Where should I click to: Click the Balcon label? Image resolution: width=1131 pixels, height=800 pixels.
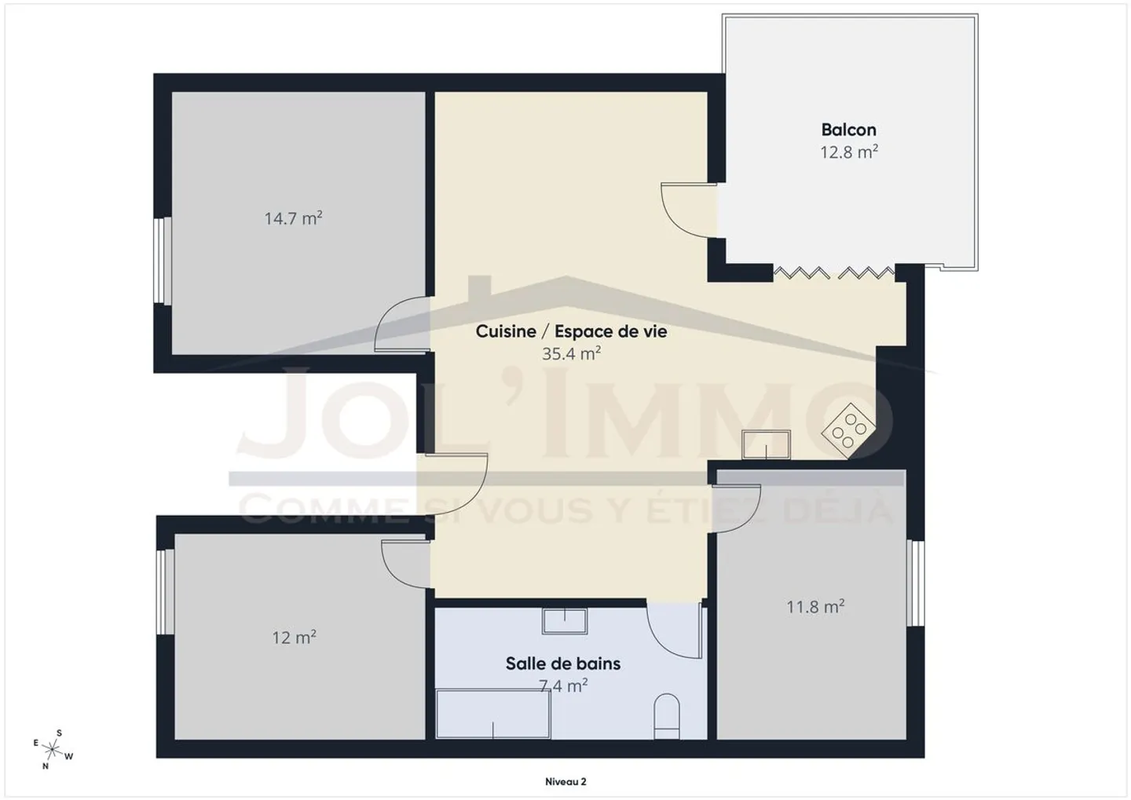point(849,130)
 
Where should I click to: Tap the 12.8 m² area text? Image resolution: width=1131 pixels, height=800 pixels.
point(849,152)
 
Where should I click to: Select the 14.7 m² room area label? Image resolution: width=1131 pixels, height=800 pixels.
point(294,218)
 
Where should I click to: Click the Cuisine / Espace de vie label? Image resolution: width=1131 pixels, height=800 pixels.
point(571,331)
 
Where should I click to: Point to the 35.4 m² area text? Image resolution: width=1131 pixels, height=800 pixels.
point(571,353)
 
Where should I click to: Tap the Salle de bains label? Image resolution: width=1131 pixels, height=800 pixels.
point(563,663)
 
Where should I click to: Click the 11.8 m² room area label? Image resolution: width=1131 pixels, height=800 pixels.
point(815,606)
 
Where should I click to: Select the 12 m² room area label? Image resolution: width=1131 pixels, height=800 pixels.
point(295,637)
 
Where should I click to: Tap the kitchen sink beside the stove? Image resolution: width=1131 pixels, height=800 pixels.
point(766,444)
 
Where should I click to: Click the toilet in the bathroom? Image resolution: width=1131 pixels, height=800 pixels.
point(667,717)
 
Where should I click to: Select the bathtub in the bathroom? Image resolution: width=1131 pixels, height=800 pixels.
point(493,714)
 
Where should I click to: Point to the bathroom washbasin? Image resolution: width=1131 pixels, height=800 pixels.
point(565,621)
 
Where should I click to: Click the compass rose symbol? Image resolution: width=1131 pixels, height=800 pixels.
point(52,750)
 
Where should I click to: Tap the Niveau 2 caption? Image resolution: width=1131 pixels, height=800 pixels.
point(565,782)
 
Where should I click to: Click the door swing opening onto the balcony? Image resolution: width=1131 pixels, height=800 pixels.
point(689,210)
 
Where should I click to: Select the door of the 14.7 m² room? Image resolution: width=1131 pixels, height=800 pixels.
point(402,323)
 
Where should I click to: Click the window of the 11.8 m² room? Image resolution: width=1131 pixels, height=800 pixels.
point(915,583)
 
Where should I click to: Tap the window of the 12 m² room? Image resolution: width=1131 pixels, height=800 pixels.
point(165,591)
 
